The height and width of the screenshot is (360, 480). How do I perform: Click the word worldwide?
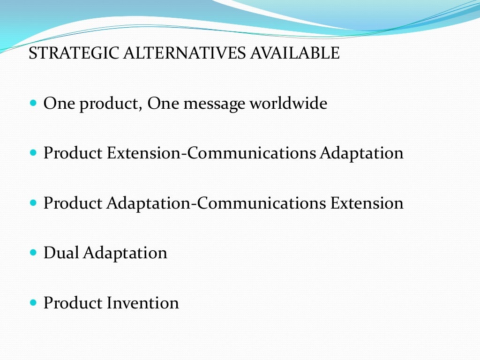coord(288,103)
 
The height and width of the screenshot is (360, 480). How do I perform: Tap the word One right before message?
coord(163,103)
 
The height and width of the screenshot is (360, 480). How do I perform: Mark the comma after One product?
coord(140,108)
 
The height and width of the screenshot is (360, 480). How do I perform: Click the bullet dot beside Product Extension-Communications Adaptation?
coord(33,153)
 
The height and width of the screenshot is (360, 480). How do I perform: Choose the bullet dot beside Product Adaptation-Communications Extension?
coord(33,203)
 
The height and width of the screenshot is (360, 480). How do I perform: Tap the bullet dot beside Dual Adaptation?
coord(33,253)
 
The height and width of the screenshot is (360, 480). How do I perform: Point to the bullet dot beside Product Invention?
coord(33,303)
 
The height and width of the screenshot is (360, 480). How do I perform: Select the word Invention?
coord(143,303)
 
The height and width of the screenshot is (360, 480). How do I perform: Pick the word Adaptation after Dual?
coord(125,254)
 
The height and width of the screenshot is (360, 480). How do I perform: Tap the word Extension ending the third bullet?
coord(367,203)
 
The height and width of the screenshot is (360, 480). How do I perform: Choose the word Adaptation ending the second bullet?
coord(361,154)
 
